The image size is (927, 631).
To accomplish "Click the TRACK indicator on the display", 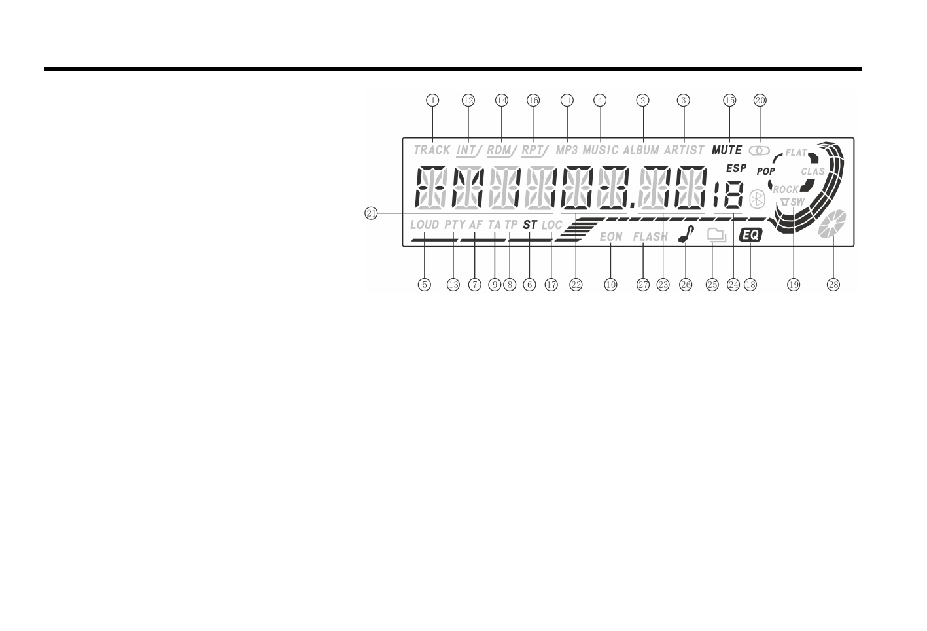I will [432, 150].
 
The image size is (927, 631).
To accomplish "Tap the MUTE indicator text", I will [726, 150].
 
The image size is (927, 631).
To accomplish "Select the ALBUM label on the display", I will [641, 150].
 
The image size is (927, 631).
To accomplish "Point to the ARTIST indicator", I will [684, 150].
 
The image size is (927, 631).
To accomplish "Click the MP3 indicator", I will [567, 150].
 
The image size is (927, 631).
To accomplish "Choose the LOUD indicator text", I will [425, 225].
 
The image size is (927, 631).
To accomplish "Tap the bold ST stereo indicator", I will [530, 225].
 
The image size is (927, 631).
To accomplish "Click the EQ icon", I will [751, 236].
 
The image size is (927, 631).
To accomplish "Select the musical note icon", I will [685, 235].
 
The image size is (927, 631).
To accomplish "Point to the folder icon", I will [717, 236].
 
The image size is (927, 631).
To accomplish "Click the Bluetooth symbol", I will [757, 200].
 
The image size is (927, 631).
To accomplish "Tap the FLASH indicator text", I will [650, 237].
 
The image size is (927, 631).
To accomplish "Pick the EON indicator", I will [611, 237].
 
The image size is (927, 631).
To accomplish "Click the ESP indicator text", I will [736, 168].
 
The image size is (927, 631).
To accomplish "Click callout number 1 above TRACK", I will [432, 100].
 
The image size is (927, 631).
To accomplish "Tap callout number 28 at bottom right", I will [833, 285].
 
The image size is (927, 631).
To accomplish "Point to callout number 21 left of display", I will [371, 213].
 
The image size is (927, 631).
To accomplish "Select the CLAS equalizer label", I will [813, 171].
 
